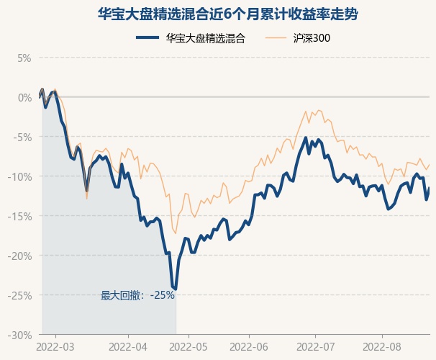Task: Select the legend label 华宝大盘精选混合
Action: [x=205, y=39]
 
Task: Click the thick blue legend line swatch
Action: [x=147, y=39]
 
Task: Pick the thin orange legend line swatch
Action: [x=278, y=39]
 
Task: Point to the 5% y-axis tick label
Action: [x=24, y=58]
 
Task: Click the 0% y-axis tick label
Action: [x=24, y=97]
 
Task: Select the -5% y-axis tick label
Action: [x=22, y=137]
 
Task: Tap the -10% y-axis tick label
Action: [x=20, y=176]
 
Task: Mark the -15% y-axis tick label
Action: [x=20, y=216]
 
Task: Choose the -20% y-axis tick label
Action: [x=20, y=256]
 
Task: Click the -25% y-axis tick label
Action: [x=20, y=295]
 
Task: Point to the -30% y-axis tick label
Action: [x=20, y=335]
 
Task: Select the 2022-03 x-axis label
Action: [x=55, y=347]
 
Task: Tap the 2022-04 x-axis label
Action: [x=127, y=347]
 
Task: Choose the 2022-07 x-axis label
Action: [x=316, y=347]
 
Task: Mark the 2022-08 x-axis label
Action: [x=381, y=347]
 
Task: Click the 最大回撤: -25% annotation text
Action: [x=137, y=295]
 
